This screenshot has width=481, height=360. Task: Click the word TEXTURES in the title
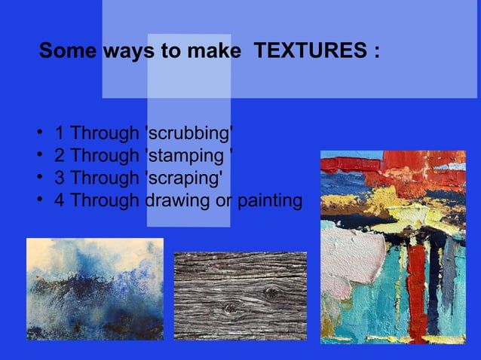(309, 53)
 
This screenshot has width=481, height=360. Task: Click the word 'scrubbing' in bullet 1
(188, 135)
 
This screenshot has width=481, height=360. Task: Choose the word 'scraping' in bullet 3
(183, 178)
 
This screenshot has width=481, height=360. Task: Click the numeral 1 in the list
(59, 135)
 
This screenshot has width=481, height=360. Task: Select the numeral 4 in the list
(59, 201)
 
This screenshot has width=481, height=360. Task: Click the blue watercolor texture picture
(94, 289)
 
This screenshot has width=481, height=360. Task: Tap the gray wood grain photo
(240, 296)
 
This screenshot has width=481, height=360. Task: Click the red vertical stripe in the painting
(417, 294)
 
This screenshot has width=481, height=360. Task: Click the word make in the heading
(205, 53)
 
